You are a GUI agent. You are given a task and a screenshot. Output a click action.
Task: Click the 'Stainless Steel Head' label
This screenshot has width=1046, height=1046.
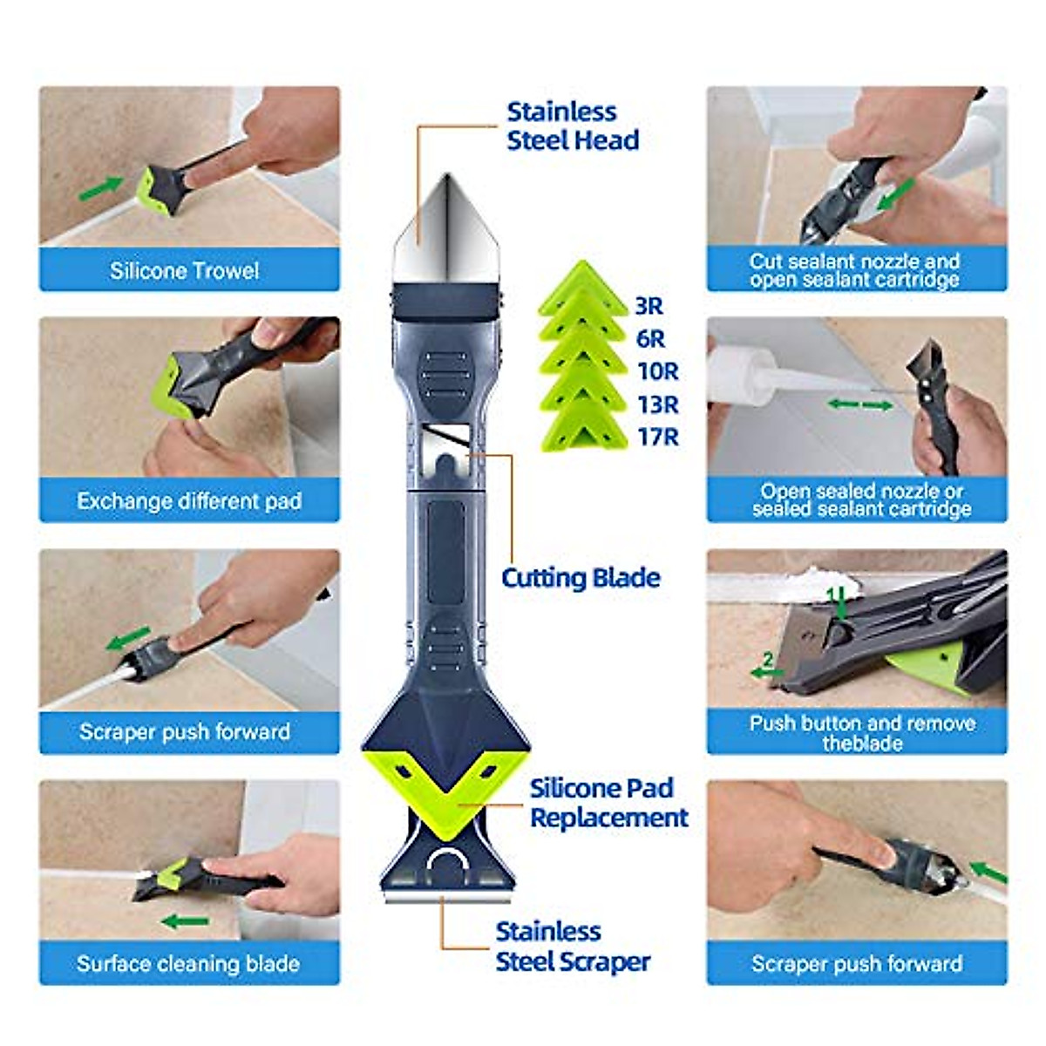click(x=573, y=126)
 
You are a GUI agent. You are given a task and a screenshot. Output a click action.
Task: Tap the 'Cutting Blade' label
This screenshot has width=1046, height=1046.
click(x=581, y=578)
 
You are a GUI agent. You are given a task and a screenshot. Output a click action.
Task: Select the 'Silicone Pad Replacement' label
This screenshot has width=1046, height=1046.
click(x=608, y=803)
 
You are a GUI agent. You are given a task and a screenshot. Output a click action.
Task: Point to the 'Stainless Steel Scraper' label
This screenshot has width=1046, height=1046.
click(x=573, y=947)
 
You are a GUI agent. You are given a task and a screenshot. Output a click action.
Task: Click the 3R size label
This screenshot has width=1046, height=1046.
click(x=649, y=306)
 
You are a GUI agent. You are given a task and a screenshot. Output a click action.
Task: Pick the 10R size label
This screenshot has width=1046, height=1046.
click(x=657, y=371)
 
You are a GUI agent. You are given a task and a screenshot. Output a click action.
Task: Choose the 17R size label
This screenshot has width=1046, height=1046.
click(x=657, y=437)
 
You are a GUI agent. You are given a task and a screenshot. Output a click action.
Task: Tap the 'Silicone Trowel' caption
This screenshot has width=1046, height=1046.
click(x=185, y=271)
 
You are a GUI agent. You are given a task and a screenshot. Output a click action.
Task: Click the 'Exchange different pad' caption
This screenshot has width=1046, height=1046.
click(x=189, y=502)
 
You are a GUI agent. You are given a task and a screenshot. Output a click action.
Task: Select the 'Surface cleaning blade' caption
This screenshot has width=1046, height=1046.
click(x=188, y=964)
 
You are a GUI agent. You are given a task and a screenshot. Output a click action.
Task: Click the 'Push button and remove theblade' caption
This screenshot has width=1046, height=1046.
click(x=861, y=733)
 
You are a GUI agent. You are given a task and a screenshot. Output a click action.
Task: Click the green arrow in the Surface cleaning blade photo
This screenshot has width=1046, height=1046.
click(x=185, y=921)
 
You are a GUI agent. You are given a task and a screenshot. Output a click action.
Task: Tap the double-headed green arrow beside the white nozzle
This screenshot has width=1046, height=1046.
click(x=859, y=405)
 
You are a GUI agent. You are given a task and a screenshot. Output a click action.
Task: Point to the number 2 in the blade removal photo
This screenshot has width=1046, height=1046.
click(x=767, y=660)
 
